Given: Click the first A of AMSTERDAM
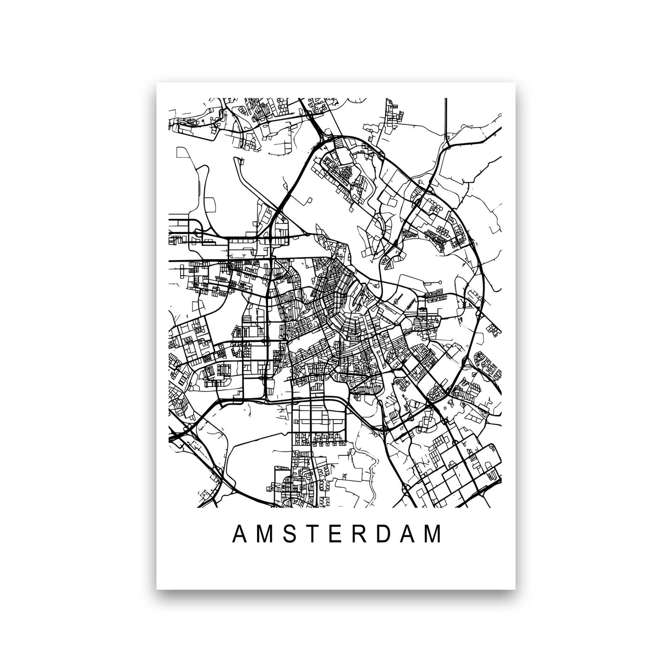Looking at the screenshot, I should tap(238, 535).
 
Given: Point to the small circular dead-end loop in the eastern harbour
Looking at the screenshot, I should tap(439, 282).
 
